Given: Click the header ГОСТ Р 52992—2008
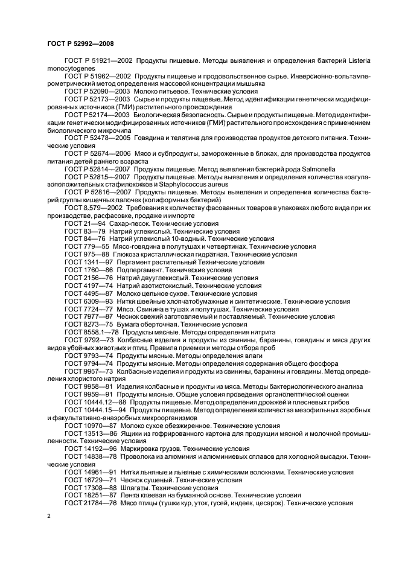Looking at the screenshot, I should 80,43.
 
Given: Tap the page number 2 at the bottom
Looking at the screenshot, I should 49,517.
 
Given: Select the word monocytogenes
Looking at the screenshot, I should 71,69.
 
